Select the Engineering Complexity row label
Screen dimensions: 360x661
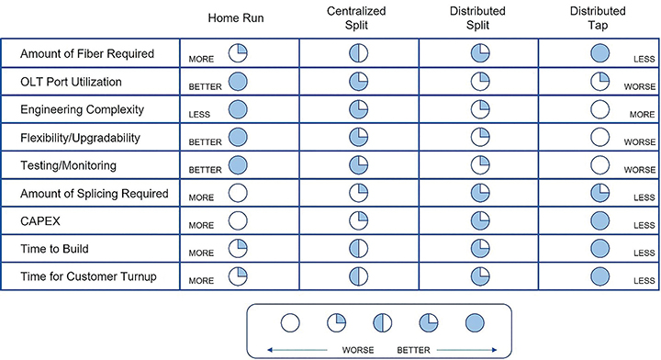point(82,109)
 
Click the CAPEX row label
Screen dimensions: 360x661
point(39,221)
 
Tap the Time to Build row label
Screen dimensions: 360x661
point(54,250)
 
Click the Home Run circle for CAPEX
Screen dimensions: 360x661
point(238,221)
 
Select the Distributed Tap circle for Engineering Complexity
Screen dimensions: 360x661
point(601,109)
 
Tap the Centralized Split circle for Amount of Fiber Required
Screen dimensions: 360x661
point(358,52)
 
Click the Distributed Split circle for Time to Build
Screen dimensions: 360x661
point(478,250)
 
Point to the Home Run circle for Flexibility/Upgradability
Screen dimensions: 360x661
point(238,138)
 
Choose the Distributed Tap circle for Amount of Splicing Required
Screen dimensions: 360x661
point(601,193)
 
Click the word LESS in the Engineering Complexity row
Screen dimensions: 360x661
point(200,115)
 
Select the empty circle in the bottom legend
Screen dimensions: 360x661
point(290,322)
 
